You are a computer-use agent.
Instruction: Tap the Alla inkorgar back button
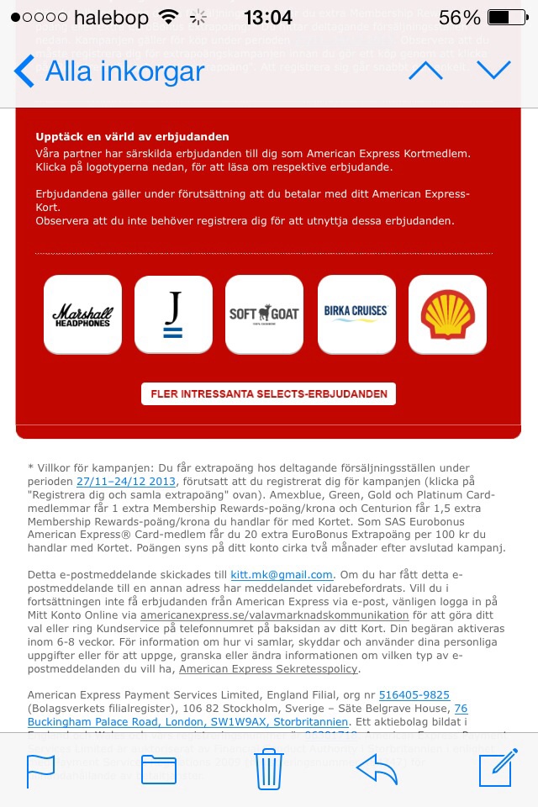(109, 71)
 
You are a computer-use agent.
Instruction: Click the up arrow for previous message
(425, 71)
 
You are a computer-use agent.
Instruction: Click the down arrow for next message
(493, 71)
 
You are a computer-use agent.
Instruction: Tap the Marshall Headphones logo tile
(82, 314)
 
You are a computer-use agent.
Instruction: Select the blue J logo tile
(173, 314)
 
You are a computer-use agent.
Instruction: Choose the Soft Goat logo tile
(264, 314)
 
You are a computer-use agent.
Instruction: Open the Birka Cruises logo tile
(356, 314)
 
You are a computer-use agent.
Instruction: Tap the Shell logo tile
(447, 314)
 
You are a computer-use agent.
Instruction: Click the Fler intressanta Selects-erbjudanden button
(268, 393)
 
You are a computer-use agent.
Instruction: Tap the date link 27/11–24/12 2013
(126, 481)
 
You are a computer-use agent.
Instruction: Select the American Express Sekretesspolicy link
(269, 668)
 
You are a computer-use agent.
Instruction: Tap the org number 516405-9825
(414, 694)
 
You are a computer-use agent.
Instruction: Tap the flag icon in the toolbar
(40, 770)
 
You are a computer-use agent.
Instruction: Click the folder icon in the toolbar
(159, 770)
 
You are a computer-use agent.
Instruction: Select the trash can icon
(268, 770)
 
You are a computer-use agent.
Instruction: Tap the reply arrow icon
(377, 770)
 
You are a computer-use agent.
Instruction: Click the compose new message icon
(497, 770)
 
